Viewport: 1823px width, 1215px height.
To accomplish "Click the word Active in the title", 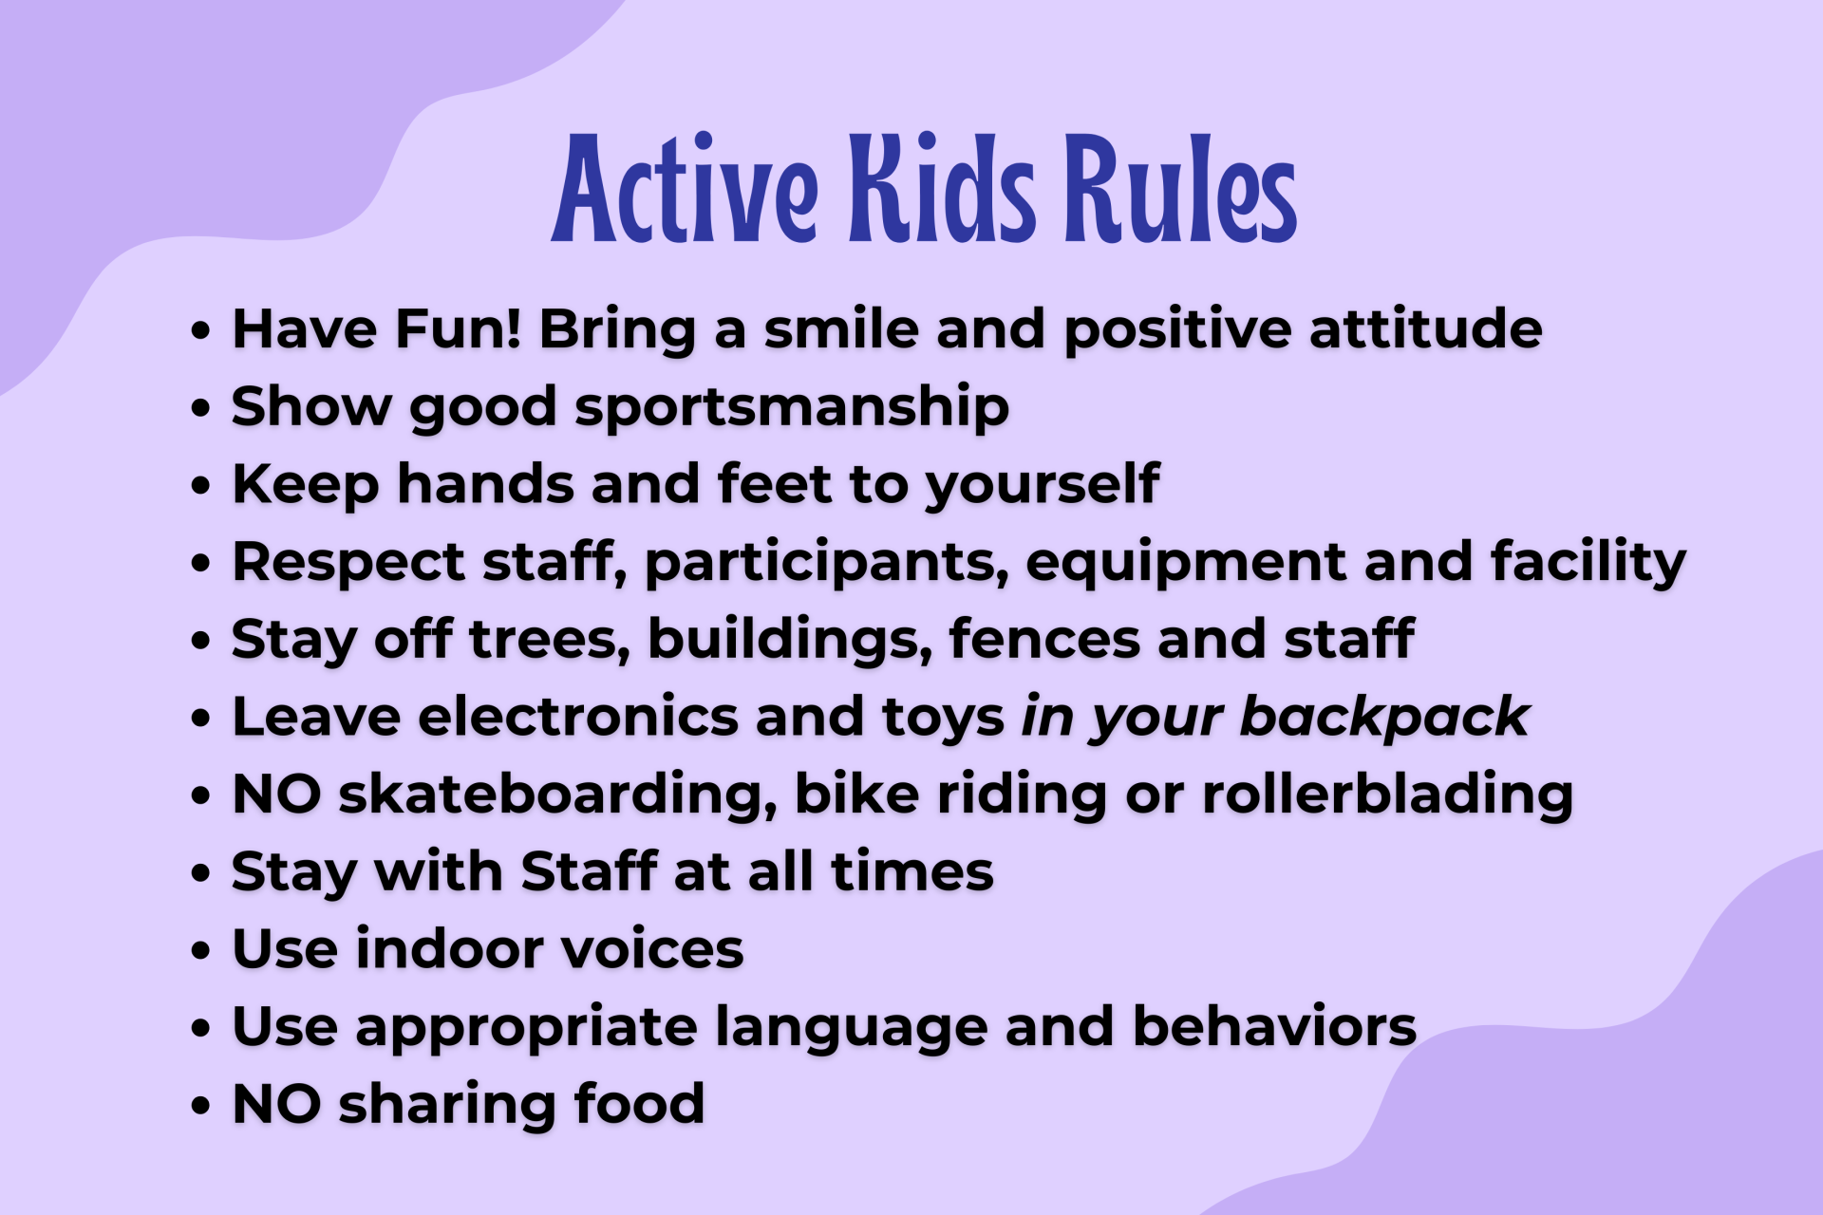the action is [685, 188].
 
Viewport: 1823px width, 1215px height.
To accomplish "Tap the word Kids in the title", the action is [943, 187].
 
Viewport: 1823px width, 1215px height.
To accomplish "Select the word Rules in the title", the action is [1181, 187].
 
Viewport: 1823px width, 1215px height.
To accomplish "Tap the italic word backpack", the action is [1384, 717].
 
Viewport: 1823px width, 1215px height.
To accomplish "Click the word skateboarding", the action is [557, 795].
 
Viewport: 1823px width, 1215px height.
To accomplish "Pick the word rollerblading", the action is [1387, 795].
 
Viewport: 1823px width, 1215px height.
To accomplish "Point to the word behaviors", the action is [1274, 1026].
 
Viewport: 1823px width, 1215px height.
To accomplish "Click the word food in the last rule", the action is [639, 1104].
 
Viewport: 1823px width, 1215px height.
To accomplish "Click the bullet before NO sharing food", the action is [199, 1106].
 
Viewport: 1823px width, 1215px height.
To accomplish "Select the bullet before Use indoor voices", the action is [199, 951].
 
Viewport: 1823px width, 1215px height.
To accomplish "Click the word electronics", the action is [578, 717].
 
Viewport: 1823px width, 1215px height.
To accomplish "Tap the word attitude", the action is [1426, 329].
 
